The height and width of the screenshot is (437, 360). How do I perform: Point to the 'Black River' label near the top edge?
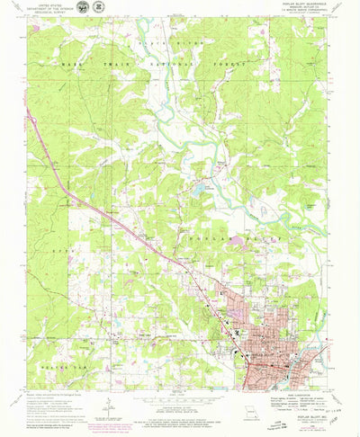(x=157, y=42)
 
